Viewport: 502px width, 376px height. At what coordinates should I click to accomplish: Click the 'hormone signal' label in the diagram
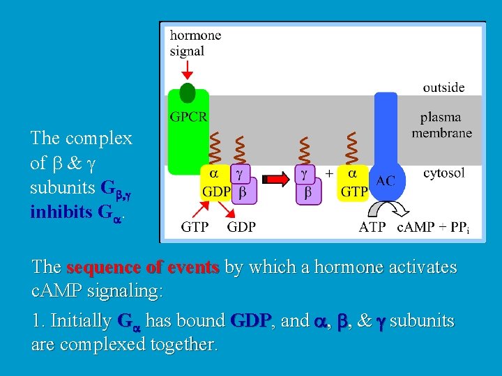pos(195,42)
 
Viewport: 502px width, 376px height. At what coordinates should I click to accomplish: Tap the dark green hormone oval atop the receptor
pos(188,93)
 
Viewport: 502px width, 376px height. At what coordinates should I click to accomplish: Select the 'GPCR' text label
pos(189,116)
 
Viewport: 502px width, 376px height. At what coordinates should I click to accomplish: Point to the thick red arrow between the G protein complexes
pos(279,180)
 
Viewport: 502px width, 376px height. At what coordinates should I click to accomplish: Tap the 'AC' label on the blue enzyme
pos(386,180)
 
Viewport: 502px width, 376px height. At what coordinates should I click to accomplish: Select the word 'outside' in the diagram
pos(443,87)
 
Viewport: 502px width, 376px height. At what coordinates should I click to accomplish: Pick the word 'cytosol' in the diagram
pos(443,173)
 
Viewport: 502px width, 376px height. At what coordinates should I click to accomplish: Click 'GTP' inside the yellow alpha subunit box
pos(353,191)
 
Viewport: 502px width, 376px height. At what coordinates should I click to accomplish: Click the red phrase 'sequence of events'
pos(143,267)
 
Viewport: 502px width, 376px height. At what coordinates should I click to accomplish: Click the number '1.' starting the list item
pos(39,321)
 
